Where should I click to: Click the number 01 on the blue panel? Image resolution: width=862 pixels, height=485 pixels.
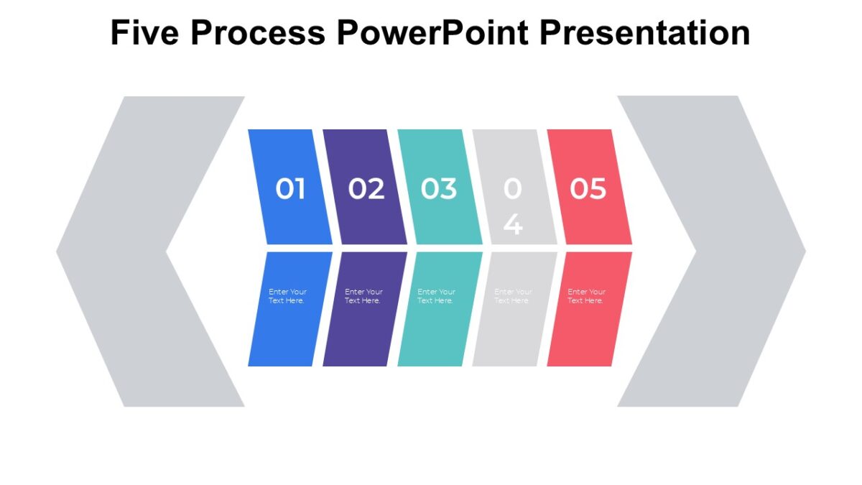[x=291, y=189]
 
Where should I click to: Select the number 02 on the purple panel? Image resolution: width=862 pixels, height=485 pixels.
[x=366, y=189]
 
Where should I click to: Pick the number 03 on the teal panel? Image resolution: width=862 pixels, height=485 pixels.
[x=439, y=189]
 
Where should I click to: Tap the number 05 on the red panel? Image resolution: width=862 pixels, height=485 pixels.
[x=588, y=189]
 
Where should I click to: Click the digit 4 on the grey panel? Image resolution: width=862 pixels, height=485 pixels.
[x=513, y=223]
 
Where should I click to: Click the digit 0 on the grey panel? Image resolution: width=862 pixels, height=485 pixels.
[x=512, y=189]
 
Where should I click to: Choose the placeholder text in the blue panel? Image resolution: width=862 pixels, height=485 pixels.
[x=287, y=296]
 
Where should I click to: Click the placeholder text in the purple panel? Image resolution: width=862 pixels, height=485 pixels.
[x=363, y=296]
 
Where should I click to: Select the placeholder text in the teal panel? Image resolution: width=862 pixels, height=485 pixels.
[x=436, y=296]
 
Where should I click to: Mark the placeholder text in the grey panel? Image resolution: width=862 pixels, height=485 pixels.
[x=514, y=296]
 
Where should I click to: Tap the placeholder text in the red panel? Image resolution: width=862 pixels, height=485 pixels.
[x=586, y=296]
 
